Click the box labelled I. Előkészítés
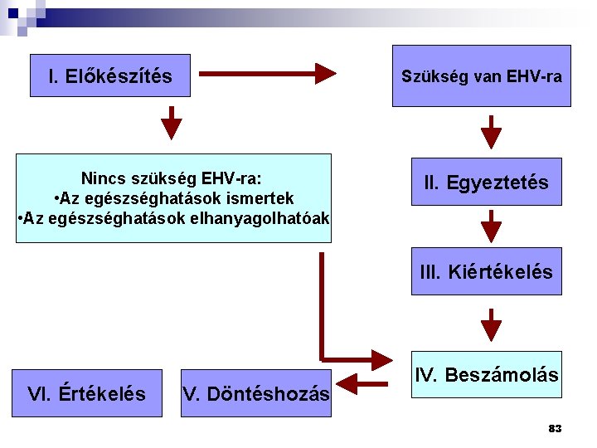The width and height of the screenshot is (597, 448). [x=110, y=76]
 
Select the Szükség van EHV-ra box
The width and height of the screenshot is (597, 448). [x=481, y=76]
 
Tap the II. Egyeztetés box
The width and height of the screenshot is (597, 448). [x=486, y=183]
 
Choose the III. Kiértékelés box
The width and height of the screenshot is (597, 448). [x=486, y=271]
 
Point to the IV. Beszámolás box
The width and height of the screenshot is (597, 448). [x=486, y=375]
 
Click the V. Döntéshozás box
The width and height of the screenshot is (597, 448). [x=255, y=393]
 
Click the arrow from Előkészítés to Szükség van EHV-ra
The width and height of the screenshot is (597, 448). [x=267, y=73]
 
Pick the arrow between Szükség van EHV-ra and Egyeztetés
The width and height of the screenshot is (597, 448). [x=492, y=132]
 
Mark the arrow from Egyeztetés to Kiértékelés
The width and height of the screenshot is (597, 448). [x=492, y=226]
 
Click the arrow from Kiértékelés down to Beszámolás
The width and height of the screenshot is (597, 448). [x=492, y=324]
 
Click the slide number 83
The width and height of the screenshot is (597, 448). [x=555, y=429]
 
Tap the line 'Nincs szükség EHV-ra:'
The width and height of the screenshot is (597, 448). [x=172, y=178]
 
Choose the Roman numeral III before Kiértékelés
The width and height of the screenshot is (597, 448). [x=430, y=271]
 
